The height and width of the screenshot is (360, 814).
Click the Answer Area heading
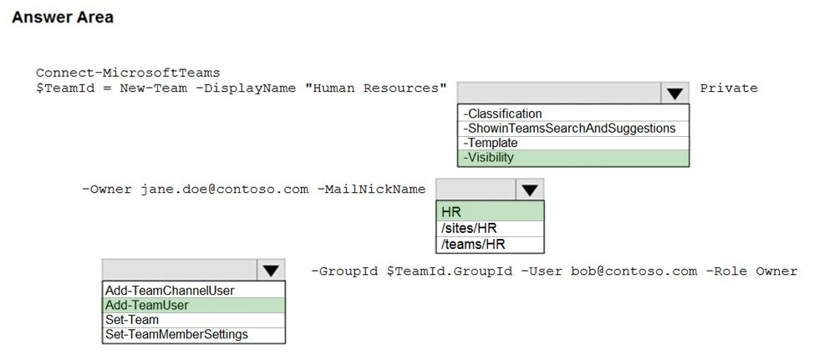[x=63, y=17]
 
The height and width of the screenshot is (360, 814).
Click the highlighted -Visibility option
[x=573, y=158]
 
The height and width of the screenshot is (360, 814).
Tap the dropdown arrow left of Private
[x=674, y=94]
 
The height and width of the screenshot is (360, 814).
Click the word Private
[x=729, y=89]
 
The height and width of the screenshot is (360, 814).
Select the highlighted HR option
[x=490, y=211]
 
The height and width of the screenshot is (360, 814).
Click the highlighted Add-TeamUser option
[x=194, y=305]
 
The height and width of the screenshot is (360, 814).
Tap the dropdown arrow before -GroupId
[x=271, y=271]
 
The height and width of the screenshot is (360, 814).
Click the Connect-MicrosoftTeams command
[x=128, y=73]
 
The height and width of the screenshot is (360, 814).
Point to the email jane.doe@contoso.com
[x=224, y=190]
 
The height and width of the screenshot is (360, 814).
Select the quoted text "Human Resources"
[x=376, y=88]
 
